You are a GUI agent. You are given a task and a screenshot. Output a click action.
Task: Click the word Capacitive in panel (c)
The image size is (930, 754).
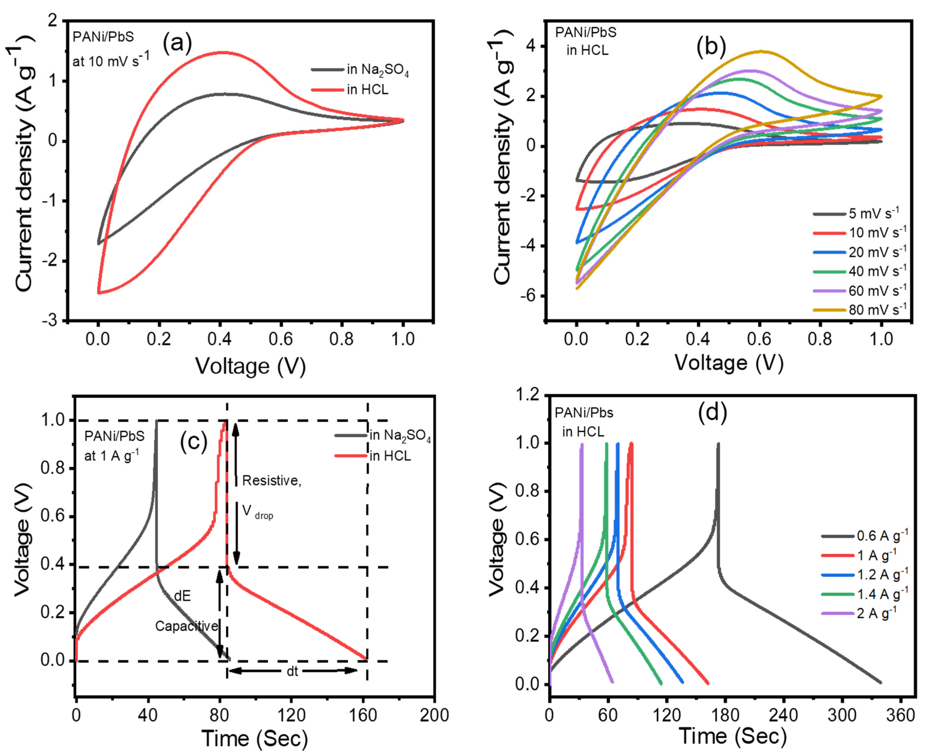pos(187,626)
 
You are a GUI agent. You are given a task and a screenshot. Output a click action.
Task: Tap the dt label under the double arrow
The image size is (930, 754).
pos(292,671)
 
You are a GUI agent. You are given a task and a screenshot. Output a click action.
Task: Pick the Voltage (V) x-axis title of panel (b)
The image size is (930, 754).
pos(729,363)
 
